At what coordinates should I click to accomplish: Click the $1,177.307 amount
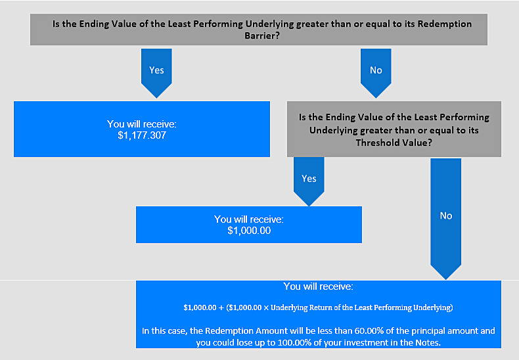(x=142, y=135)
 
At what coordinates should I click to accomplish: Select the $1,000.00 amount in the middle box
(x=249, y=231)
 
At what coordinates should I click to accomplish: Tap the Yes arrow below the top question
(x=156, y=73)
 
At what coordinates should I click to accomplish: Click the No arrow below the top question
(x=376, y=73)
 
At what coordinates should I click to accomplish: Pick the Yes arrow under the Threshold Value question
(x=309, y=182)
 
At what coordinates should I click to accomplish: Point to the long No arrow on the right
(x=446, y=219)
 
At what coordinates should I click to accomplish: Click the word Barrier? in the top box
(x=262, y=35)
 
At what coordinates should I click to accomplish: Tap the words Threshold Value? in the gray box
(x=394, y=143)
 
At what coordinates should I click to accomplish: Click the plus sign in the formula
(x=221, y=307)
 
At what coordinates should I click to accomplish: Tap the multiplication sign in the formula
(x=266, y=307)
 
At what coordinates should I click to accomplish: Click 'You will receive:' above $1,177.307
(x=142, y=124)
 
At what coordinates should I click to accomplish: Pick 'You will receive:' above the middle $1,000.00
(x=249, y=219)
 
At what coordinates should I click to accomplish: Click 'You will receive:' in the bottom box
(x=319, y=286)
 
